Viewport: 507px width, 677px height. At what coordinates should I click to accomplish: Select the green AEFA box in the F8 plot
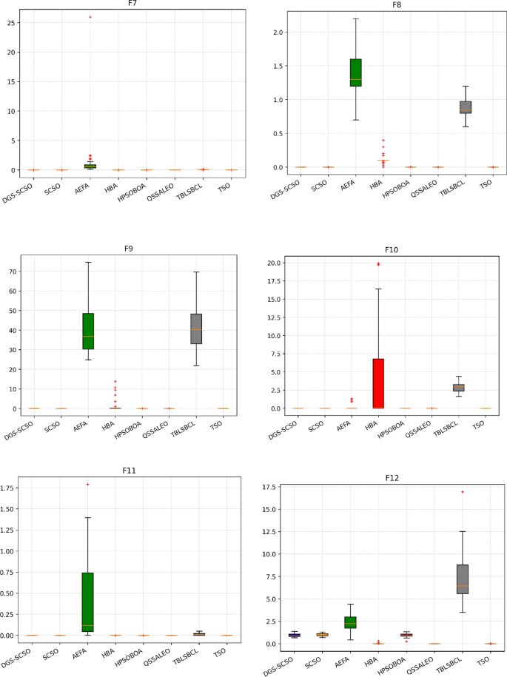(x=355, y=73)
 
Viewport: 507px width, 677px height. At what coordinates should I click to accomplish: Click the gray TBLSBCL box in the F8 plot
(x=465, y=107)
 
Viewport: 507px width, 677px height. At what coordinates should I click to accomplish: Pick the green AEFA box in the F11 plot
(x=88, y=602)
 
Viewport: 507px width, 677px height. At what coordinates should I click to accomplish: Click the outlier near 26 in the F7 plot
(x=90, y=16)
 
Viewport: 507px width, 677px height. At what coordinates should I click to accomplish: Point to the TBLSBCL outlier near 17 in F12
(x=463, y=492)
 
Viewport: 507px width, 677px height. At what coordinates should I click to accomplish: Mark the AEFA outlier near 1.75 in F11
(x=88, y=484)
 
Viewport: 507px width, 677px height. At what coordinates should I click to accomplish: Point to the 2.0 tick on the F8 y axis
(x=279, y=33)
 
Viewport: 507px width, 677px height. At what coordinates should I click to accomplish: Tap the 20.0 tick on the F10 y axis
(x=274, y=263)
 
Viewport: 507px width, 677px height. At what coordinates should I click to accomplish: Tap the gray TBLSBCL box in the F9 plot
(x=196, y=329)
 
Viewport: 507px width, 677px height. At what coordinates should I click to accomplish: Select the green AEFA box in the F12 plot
(x=350, y=622)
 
